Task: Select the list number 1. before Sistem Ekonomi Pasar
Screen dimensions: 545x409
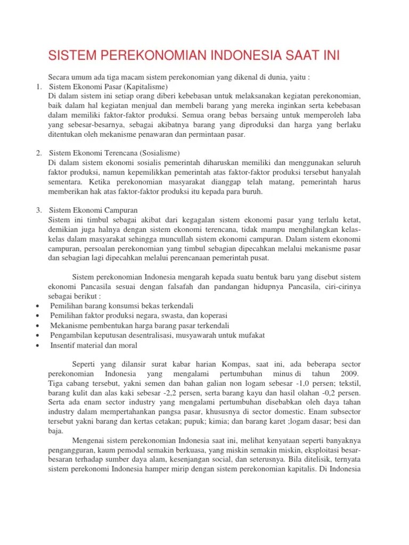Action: click(x=39, y=87)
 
